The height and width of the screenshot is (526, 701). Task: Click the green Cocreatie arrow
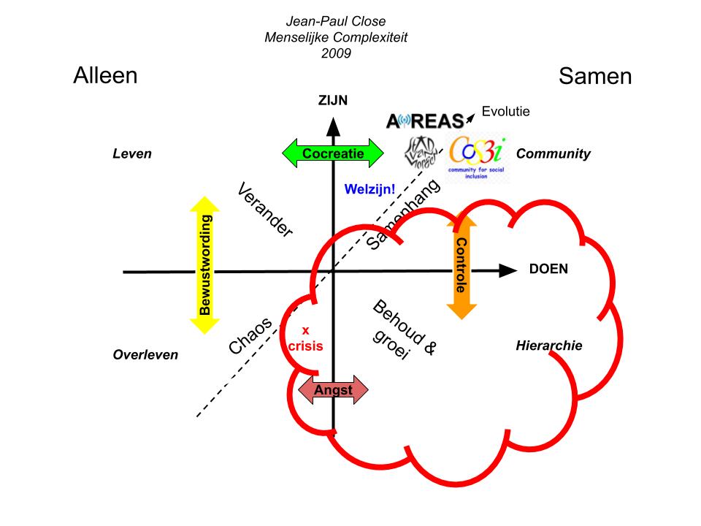(x=332, y=153)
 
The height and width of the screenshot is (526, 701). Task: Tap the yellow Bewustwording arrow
(x=206, y=265)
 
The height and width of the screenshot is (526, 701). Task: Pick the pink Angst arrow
(x=333, y=390)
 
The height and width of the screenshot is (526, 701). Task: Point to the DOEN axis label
(x=548, y=269)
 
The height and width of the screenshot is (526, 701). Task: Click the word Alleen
(x=105, y=75)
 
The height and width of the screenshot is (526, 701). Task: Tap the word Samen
(x=595, y=76)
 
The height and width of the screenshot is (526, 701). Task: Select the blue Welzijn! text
(x=370, y=189)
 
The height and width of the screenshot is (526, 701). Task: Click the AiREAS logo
(x=425, y=121)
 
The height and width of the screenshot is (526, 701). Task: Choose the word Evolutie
(x=505, y=112)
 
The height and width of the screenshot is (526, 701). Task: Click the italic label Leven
(x=132, y=153)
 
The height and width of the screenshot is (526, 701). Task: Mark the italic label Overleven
(x=145, y=355)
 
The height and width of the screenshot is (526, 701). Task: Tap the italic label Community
(x=553, y=153)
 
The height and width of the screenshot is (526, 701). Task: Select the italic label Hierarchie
(x=549, y=346)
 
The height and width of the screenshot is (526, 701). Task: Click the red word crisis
(x=305, y=346)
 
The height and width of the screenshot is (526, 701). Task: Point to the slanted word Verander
(x=265, y=210)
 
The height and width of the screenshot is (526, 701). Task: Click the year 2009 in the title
(x=336, y=53)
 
